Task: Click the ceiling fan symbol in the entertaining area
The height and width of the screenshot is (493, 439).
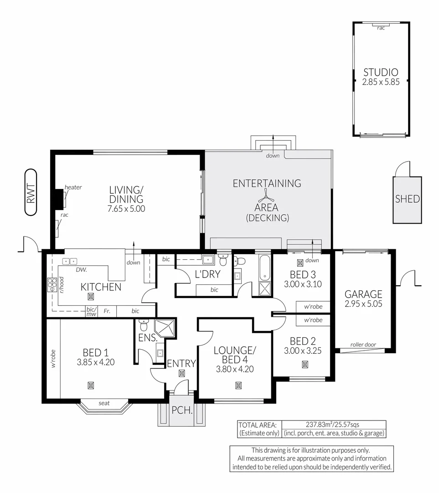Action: tap(267, 199)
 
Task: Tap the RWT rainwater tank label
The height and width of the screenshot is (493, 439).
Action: tap(31, 192)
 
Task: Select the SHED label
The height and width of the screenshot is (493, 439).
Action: tap(407, 199)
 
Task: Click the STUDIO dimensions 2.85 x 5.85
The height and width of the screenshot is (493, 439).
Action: tap(380, 82)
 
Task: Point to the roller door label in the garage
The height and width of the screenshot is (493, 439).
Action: tap(363, 345)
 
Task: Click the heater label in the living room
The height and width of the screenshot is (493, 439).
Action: tap(73, 187)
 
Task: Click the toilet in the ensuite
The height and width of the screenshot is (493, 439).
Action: tap(143, 325)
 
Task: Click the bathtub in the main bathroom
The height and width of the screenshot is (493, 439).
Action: tap(264, 268)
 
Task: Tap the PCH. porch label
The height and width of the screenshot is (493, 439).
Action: tap(182, 410)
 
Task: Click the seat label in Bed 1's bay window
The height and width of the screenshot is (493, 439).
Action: tap(104, 403)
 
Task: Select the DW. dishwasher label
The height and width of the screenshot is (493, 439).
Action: tap(81, 270)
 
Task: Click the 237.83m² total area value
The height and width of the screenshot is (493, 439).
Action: tap(319, 424)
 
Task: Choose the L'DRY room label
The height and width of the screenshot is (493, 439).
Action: tap(207, 274)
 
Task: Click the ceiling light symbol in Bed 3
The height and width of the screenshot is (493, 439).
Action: tap(300, 263)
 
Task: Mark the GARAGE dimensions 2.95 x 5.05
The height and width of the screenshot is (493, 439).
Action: tap(363, 304)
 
